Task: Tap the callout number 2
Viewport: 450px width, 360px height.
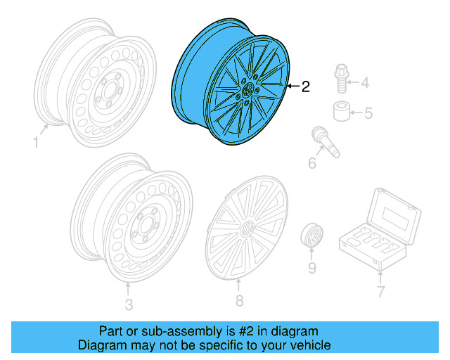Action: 304,87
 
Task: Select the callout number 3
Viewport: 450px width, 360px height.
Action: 128,304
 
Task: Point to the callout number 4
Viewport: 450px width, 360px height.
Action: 364,84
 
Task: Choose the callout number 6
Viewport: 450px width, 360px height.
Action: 312,164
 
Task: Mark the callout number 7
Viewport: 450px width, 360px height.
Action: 380,290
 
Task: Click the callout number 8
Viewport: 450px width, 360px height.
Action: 238,301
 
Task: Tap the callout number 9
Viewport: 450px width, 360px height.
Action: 311,268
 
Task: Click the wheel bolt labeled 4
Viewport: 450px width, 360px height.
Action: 342,79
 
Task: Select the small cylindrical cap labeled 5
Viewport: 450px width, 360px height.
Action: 341,111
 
